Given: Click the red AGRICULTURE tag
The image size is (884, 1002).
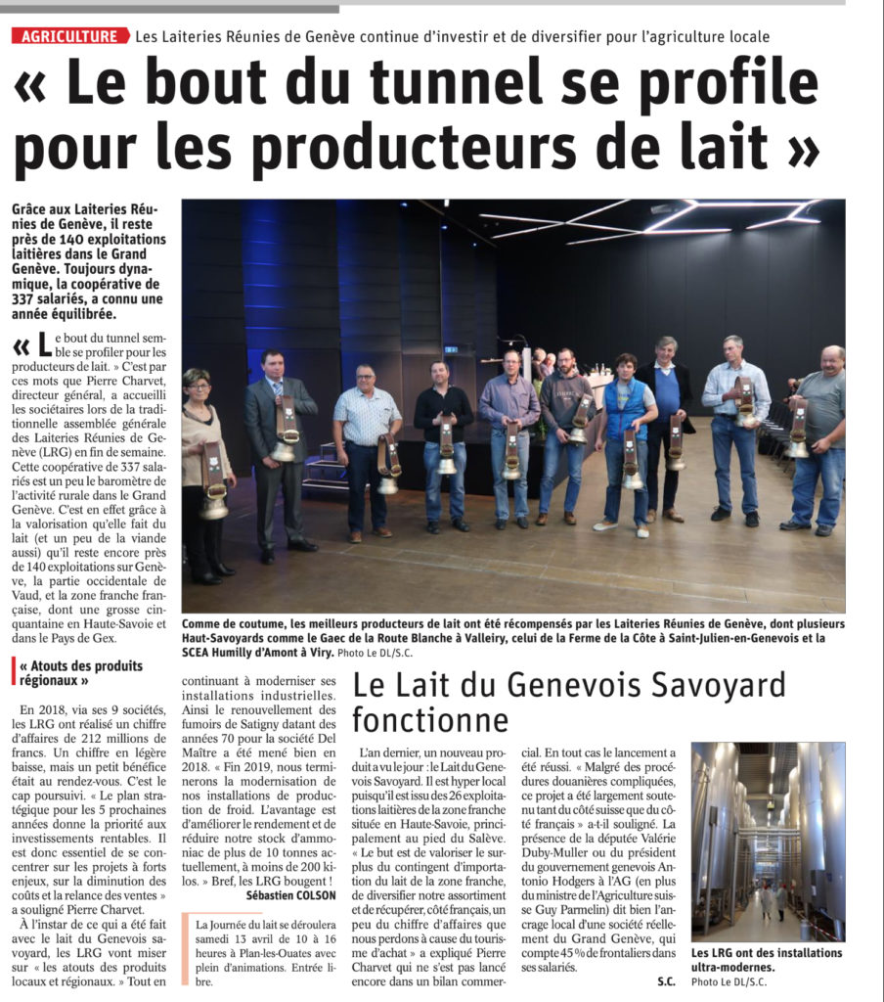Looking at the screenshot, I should coord(70,36).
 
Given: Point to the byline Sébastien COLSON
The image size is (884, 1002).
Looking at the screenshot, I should coord(290,894).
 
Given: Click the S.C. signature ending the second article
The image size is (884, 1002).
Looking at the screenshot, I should coord(668,980).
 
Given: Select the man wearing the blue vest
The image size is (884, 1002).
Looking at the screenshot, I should coord(625,430).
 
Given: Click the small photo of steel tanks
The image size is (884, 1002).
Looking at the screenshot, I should coord(768,842).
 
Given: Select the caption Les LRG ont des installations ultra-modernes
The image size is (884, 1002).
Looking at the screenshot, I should coord(767,960).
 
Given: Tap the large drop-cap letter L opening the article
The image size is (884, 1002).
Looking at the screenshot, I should coord(44,344).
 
